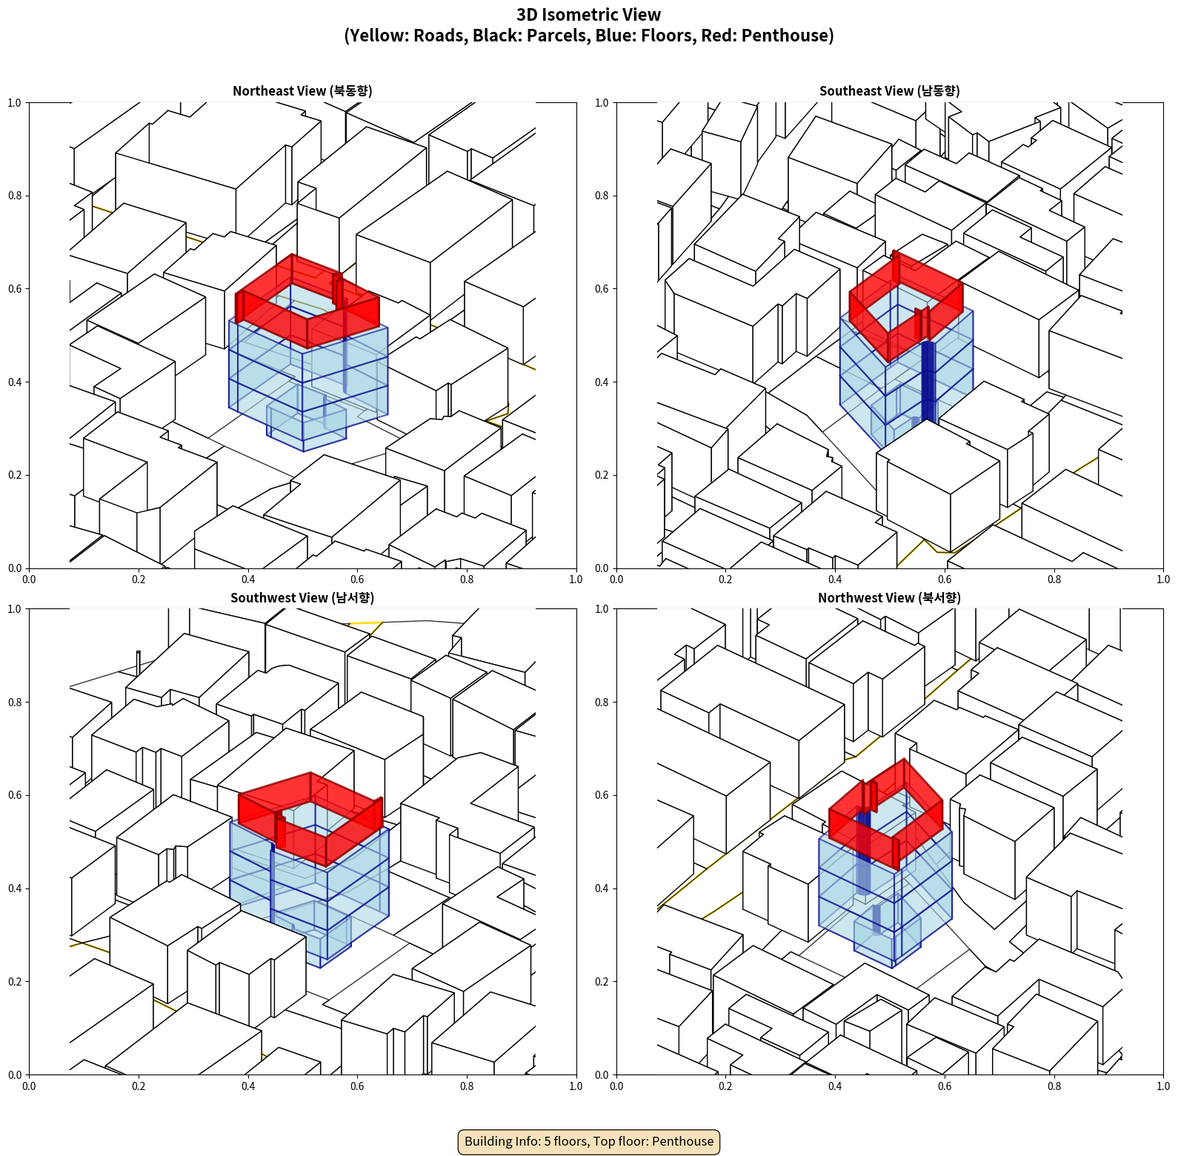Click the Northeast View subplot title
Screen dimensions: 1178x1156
pos(302,90)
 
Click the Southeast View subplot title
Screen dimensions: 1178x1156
pos(889,90)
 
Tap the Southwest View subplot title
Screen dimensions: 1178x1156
pos(302,597)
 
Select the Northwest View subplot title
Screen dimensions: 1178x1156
pos(889,597)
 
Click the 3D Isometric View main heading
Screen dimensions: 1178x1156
pos(589,15)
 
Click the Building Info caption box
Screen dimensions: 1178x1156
pos(589,1141)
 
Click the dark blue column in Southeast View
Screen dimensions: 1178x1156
pos(928,382)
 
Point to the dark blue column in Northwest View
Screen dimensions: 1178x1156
pos(863,852)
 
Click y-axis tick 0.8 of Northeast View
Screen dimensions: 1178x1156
pos(15,196)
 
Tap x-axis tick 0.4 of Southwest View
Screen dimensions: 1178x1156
pos(248,1086)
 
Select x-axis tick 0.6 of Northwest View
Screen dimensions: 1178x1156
pos(945,1086)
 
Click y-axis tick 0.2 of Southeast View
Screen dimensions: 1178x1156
pos(602,475)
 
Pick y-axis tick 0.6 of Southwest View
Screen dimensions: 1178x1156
pos(15,795)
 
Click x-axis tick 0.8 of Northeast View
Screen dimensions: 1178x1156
pos(467,579)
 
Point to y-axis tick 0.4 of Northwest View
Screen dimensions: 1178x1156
pos(602,888)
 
